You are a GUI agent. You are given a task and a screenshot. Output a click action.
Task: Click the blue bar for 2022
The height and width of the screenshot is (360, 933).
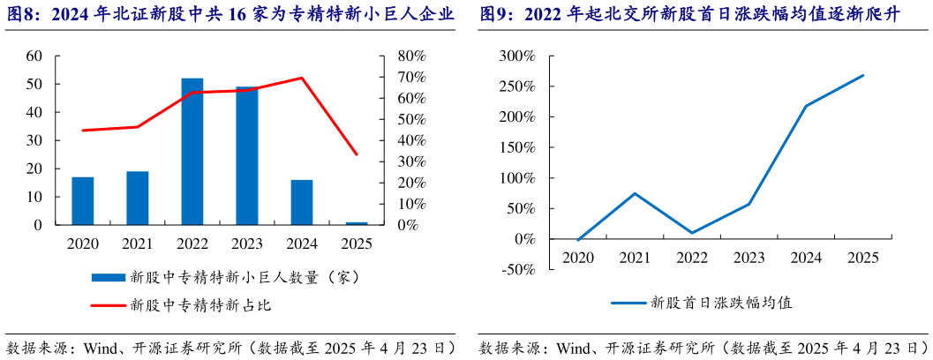[192, 152]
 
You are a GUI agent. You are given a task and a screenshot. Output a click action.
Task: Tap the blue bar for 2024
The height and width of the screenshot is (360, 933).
[302, 203]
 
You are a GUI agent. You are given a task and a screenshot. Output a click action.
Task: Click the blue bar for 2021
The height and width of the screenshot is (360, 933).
[138, 199]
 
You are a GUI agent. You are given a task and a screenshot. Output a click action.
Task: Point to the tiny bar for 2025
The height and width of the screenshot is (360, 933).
[357, 223]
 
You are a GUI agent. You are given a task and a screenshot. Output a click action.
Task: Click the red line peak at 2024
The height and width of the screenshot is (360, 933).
[302, 78]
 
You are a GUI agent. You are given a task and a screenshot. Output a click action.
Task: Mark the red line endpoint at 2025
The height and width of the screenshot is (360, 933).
[357, 154]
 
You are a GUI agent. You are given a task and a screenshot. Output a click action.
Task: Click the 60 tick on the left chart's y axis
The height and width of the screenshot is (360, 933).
[34, 56]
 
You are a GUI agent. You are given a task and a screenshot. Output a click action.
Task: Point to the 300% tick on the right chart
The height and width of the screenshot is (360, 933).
[517, 56]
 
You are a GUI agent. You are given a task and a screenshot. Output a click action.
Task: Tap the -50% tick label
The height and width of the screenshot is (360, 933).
[517, 269]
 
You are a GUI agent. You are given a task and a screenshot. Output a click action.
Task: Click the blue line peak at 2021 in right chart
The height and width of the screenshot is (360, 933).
[635, 193]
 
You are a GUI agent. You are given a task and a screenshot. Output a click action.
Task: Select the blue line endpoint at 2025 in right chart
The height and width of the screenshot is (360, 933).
[862, 75]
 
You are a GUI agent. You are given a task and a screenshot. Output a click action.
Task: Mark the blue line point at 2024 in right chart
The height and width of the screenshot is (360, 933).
[806, 106]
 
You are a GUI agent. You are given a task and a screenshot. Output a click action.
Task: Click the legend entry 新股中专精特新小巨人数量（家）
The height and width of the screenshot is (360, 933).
[243, 277]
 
